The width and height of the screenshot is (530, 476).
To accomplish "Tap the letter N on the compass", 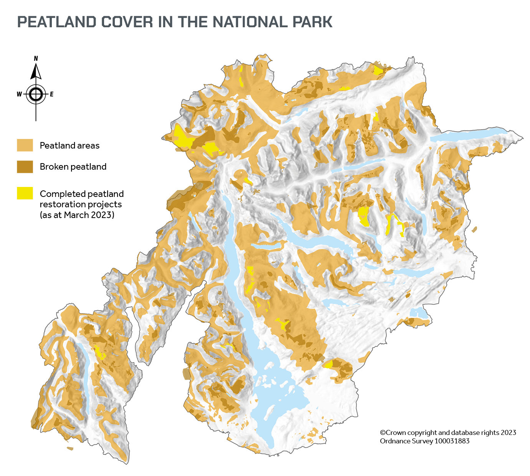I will point(36,59).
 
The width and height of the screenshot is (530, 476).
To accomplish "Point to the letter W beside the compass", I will point(19,94).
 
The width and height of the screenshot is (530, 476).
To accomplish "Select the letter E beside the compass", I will point(51,94).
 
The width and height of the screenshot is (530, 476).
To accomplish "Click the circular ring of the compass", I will point(36,94).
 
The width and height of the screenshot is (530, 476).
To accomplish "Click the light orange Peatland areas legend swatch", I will point(25,145).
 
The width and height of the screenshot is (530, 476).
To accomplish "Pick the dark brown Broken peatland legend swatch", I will point(25,167).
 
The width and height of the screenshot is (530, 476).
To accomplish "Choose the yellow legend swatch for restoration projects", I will point(25,193).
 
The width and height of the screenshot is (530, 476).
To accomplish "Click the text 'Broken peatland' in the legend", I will point(73,167).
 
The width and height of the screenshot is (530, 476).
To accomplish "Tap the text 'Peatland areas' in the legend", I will point(70,145).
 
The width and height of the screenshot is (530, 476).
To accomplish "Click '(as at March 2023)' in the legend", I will point(77,215).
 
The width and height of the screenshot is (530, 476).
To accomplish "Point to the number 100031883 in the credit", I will point(452,441).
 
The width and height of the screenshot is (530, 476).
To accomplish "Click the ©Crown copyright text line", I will point(448,433).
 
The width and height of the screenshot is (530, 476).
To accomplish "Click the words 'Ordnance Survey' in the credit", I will point(406,441).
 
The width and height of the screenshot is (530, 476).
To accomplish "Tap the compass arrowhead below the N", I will point(36,71).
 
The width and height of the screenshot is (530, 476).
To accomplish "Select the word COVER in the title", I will point(127,22).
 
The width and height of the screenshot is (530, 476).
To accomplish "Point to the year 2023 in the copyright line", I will point(508,433).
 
